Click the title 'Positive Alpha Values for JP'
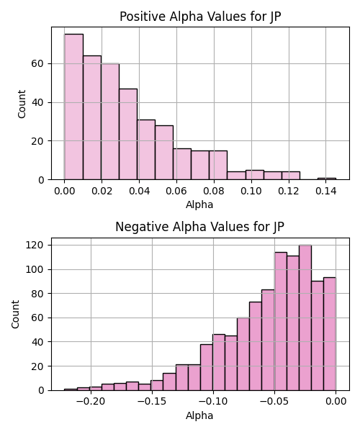pos(200,17)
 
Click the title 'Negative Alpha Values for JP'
pos(199,227)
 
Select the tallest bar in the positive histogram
pos(74,107)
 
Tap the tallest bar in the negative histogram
pos(305,318)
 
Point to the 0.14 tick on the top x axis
pos(326,191)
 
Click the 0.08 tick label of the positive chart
pos(214,191)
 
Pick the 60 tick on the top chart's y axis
pos(37,63)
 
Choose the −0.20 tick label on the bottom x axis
pos(91,402)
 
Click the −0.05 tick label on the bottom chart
pos(274,402)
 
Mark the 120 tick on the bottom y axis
pos(35,245)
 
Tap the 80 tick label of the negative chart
pos(37,294)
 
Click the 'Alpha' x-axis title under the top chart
pos(199,204)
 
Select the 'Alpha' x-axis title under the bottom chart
pos(199,415)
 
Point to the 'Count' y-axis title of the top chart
pos(22,104)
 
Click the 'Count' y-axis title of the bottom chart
pos(15,315)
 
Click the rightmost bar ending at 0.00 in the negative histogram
pos(330,334)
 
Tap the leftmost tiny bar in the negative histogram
pos(71,390)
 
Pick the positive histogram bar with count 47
pos(128,134)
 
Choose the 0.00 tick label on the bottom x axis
pos(336,402)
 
